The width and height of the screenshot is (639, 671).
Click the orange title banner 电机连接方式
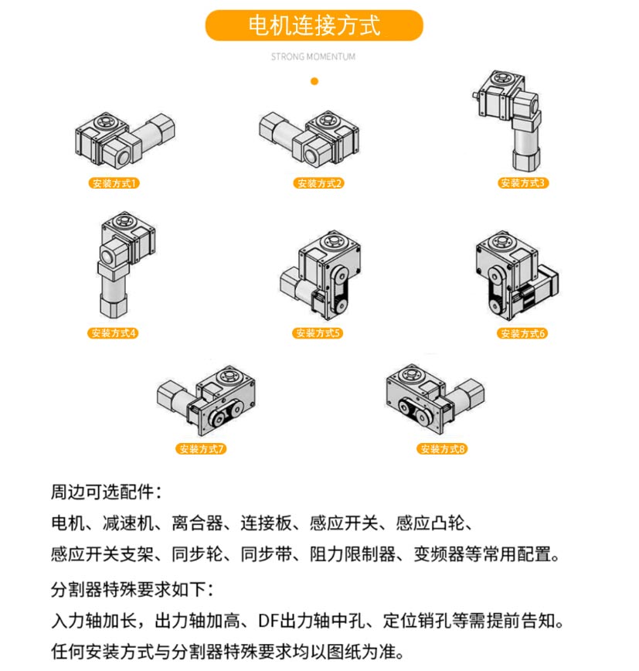pyautogui.click(x=314, y=26)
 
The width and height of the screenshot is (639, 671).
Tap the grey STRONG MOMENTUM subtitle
pyautogui.click(x=313, y=56)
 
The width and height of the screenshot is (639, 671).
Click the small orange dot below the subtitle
pyautogui.click(x=314, y=81)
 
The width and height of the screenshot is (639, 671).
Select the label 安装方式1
pyautogui.click(x=114, y=183)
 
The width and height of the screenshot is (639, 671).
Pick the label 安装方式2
pyautogui.click(x=318, y=183)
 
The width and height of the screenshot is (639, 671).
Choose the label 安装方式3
pyautogui.click(x=522, y=182)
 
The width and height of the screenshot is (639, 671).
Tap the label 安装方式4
pyautogui.click(x=113, y=333)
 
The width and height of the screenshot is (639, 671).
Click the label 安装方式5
pyautogui.click(x=318, y=333)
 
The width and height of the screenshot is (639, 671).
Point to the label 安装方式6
pyautogui.click(x=522, y=333)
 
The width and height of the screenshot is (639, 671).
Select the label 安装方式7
pyautogui.click(x=201, y=448)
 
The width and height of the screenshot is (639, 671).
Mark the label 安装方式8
pyautogui.click(x=442, y=448)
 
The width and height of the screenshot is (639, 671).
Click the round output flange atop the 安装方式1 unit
pyautogui.click(x=104, y=121)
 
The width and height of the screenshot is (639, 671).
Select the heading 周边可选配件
pyautogui.click(x=106, y=492)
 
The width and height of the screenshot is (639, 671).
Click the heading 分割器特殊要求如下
pyautogui.click(x=132, y=589)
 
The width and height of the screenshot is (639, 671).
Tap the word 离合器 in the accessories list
pyautogui.click(x=197, y=523)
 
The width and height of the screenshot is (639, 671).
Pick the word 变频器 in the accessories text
pyautogui.click(x=439, y=554)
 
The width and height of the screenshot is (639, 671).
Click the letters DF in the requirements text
pyautogui.click(x=269, y=621)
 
